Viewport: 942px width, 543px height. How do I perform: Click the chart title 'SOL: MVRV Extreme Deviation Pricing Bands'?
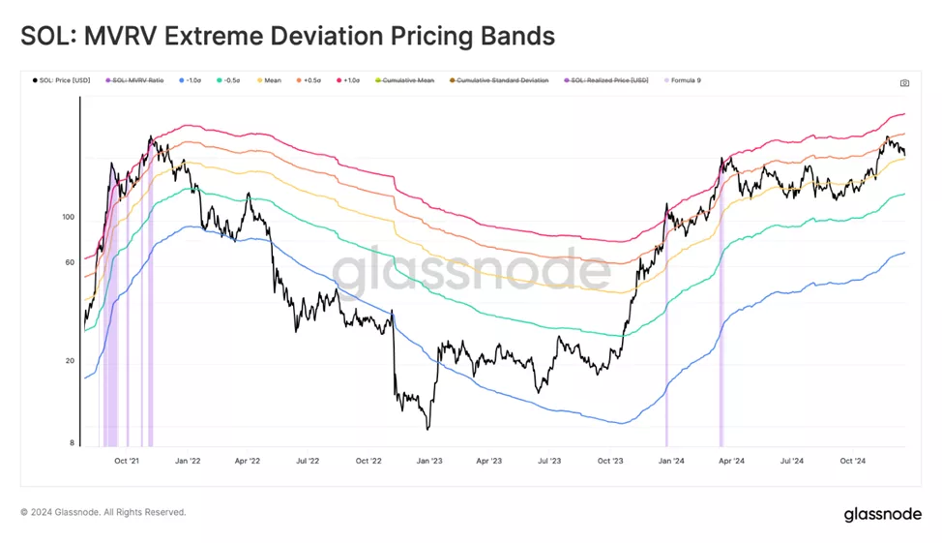tap(287, 36)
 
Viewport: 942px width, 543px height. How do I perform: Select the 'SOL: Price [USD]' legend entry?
tap(64, 80)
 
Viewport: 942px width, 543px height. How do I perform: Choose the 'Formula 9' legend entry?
tap(684, 80)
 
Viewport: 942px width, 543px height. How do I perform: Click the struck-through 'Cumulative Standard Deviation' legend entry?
tap(501, 80)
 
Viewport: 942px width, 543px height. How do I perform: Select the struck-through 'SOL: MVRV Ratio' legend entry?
tap(139, 80)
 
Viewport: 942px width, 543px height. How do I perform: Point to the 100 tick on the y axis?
tap(69, 217)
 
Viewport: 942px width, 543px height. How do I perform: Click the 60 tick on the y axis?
tap(71, 262)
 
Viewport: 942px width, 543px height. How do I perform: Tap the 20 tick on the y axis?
tap(71, 361)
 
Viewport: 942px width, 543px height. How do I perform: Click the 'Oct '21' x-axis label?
tap(128, 462)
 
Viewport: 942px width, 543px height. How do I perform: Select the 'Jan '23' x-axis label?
tap(428, 462)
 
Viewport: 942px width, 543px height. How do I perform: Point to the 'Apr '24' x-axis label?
tap(732, 462)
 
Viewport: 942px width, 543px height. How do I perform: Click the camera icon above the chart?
tap(904, 83)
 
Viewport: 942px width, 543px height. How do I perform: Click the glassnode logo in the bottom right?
tap(882, 514)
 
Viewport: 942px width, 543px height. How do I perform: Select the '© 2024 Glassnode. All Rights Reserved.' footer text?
tap(103, 512)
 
